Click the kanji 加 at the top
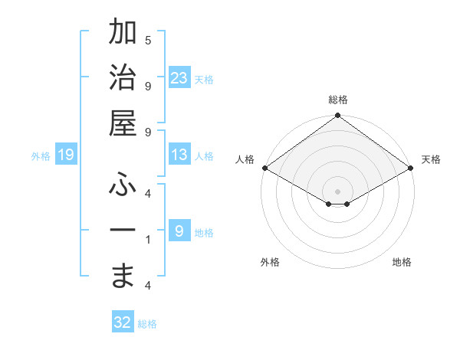pyautogui.click(x=123, y=33)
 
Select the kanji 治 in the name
pyautogui.click(x=123, y=79)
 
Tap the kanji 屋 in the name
pyautogui.click(x=123, y=124)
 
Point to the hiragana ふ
pyautogui.click(x=123, y=185)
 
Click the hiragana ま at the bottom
pyautogui.click(x=123, y=276)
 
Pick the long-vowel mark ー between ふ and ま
pyautogui.click(x=123, y=231)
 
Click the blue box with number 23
pyautogui.click(x=179, y=78)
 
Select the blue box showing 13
pyautogui.click(x=179, y=155)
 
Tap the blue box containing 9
pyautogui.click(x=179, y=231)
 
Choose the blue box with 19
pyautogui.click(x=66, y=155)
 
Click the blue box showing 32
pyautogui.click(x=123, y=322)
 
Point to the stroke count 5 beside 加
pyautogui.click(x=148, y=41)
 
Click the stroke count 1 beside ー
pyautogui.click(x=148, y=240)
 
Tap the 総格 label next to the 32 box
pyautogui.click(x=147, y=323)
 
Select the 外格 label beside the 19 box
pyautogui.click(x=41, y=156)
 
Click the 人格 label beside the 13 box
pyautogui.click(x=204, y=156)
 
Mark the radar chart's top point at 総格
pyautogui.click(x=337, y=116)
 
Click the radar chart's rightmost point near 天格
pyautogui.click(x=412, y=168)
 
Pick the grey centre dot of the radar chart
pyautogui.click(x=337, y=190)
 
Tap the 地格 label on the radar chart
pyautogui.click(x=402, y=262)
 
